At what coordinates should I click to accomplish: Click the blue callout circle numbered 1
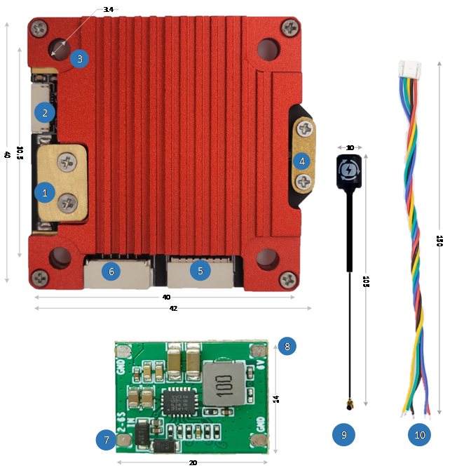tap(45, 190)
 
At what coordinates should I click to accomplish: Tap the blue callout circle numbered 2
tap(44, 112)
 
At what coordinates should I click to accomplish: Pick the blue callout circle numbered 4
tap(301, 162)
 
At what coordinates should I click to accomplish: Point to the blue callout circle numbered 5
tap(200, 269)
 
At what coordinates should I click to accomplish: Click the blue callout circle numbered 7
tap(106, 440)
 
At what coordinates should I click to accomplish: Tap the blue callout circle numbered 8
tap(286, 345)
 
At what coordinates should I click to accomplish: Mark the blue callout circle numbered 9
tap(343, 435)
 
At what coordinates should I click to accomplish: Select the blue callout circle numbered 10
tap(420, 435)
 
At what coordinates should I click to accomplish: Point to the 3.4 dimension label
tap(108, 10)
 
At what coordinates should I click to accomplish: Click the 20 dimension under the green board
tap(193, 464)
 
